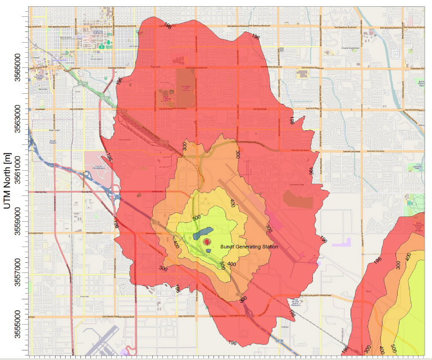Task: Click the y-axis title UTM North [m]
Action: coord(7,179)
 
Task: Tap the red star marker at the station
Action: coord(208,241)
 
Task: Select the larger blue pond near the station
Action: coord(201,233)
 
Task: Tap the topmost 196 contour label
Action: coord(167,24)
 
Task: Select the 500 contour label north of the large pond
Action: coord(197,217)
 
